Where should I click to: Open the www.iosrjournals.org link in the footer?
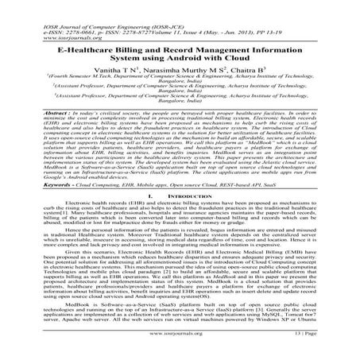(x=179, y=347)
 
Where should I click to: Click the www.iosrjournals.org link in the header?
(x=35, y=17)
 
